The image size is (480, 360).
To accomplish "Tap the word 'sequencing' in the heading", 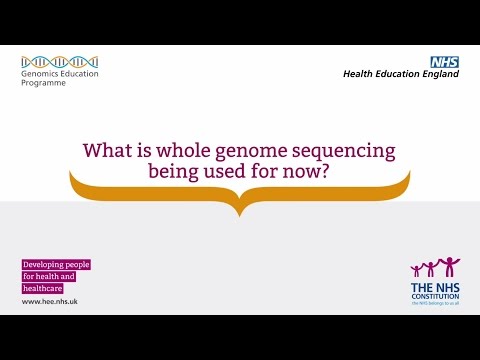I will click(351, 151).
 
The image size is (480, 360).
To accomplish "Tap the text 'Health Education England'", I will click(400, 74).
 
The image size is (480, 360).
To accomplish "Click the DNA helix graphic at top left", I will click(59, 61).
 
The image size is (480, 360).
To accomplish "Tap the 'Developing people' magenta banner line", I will click(56, 264).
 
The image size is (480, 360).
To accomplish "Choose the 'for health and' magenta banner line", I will click(49, 276).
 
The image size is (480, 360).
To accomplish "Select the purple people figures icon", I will click(435, 268).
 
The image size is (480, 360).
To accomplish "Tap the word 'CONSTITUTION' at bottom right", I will click(435, 296).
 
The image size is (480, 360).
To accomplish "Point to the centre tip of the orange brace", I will click(239, 212).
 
